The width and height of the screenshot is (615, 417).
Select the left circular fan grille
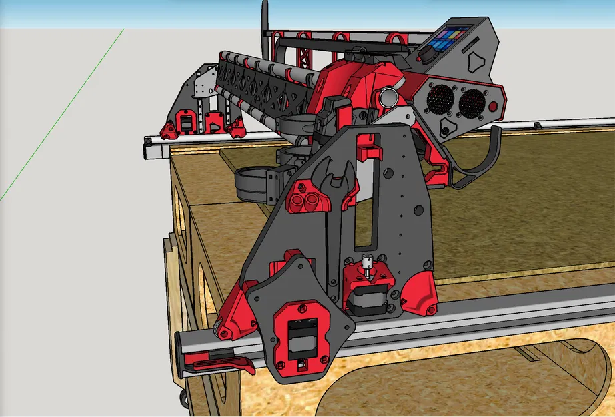pos(440,100)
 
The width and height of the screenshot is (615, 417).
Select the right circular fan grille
pos(472,102)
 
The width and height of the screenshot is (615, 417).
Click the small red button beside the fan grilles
pos(493,107)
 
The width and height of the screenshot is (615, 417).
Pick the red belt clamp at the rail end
pos(220,364)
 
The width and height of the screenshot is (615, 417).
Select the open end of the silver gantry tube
pos(388,97)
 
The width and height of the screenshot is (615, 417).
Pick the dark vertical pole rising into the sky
pos(265,20)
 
